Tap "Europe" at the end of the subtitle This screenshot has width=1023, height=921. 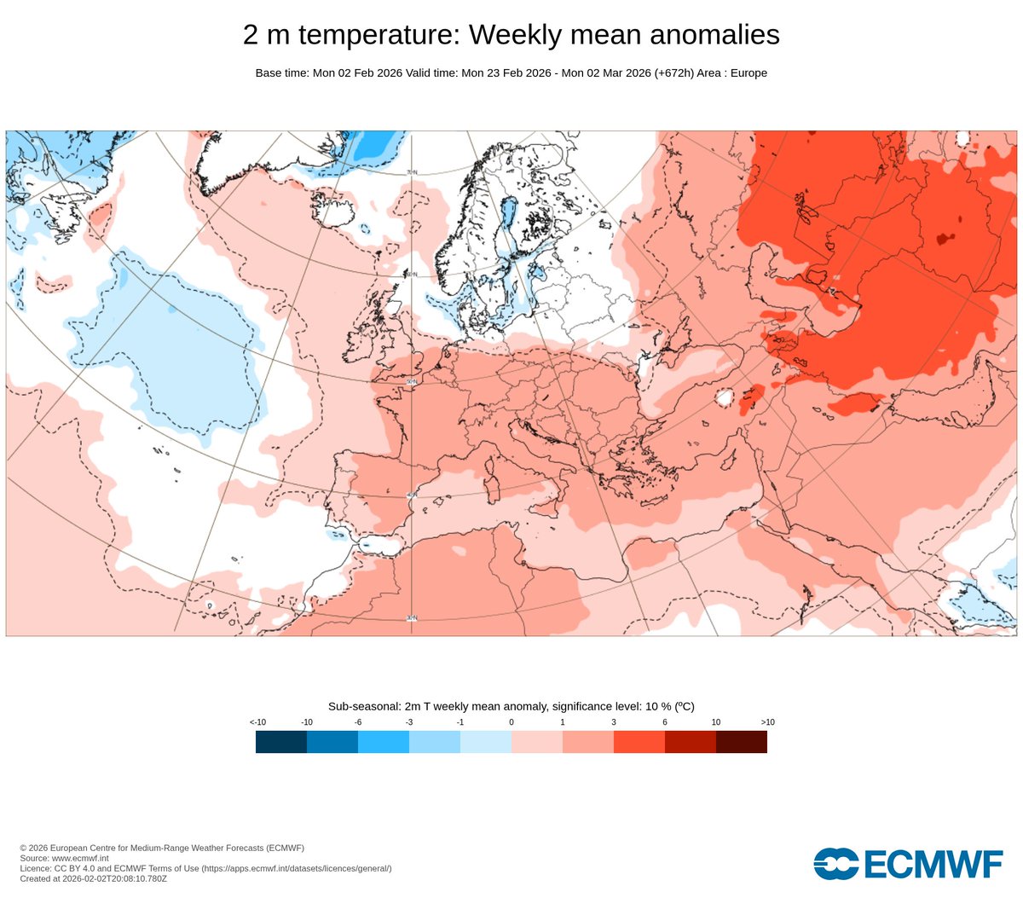click(748, 73)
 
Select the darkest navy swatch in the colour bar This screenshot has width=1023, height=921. click(281, 742)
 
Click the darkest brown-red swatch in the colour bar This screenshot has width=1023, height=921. click(742, 742)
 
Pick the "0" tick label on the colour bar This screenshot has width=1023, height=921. click(511, 722)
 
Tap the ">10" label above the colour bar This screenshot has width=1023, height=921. click(767, 722)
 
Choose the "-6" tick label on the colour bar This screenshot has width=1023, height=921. click(358, 722)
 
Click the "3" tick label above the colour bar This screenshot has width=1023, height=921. click(614, 722)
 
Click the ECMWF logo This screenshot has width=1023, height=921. click(907, 863)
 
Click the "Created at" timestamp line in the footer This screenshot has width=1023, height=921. click(94, 878)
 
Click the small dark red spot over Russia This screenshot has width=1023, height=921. click(942, 240)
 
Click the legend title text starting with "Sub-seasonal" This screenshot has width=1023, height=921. click(511, 706)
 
